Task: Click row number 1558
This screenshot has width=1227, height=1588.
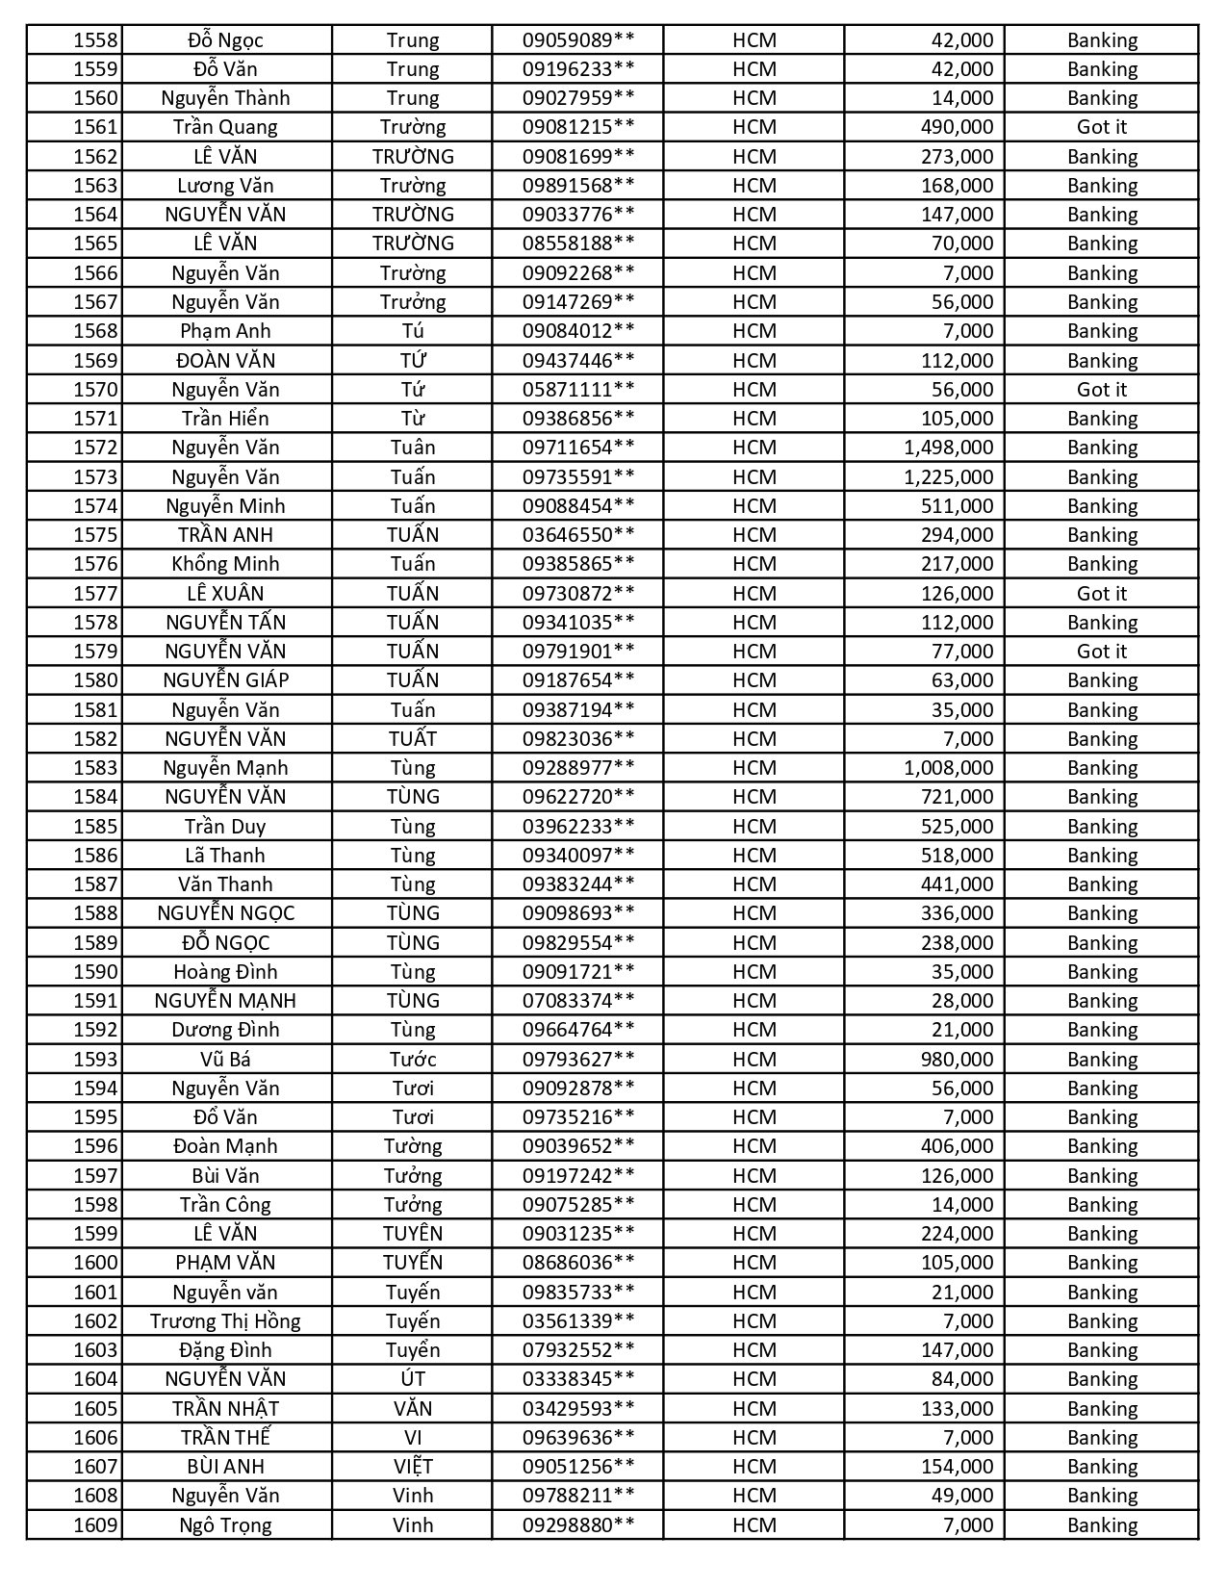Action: pos(95,40)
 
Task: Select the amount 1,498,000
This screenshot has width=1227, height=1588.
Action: pos(948,448)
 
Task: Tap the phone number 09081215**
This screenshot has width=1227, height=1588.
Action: pos(578,127)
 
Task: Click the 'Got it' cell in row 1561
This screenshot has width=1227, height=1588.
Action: pos(1101,127)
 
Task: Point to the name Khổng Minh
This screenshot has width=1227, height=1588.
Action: pos(225,564)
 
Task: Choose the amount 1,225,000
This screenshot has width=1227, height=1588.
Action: pos(948,477)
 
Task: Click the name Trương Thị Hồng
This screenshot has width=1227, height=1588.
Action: pos(225,1321)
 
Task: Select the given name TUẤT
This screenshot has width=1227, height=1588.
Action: pos(413,739)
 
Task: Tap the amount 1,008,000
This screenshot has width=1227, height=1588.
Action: pos(948,768)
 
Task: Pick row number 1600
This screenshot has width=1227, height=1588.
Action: pos(95,1263)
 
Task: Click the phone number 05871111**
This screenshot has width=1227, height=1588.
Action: pos(578,390)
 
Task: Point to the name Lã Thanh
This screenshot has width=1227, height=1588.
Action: pos(225,856)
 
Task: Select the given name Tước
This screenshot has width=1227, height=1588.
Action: pos(413,1060)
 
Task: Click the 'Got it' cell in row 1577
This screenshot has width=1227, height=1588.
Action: pos(1101,594)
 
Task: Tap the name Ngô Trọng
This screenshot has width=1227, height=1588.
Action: pos(225,1525)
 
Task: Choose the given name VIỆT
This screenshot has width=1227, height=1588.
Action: pos(413,1467)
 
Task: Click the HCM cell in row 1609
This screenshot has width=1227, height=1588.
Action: pos(754,1525)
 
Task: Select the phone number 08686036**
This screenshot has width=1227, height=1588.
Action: pos(578,1263)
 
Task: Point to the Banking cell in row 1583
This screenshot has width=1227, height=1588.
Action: pos(1101,768)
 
